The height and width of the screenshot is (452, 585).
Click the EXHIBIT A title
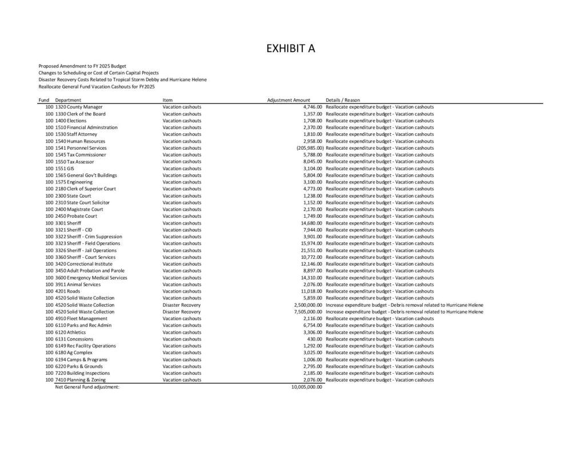tap(291, 49)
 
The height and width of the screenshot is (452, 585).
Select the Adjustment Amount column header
tap(289, 100)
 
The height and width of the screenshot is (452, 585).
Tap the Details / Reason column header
tap(343, 100)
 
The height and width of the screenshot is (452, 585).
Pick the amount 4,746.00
tap(313, 107)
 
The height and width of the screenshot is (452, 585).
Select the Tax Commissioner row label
tap(80, 155)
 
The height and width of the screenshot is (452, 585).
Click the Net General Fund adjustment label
tap(87, 387)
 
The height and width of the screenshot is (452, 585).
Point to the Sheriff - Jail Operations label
tap(86, 250)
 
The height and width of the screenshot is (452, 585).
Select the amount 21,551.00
tap(312, 250)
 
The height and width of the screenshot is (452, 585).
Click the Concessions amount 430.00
tap(315, 339)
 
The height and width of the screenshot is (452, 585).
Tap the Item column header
tap(167, 100)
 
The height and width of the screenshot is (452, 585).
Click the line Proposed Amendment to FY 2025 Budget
tap(82, 66)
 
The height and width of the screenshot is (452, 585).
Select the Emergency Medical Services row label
tap(91, 278)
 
